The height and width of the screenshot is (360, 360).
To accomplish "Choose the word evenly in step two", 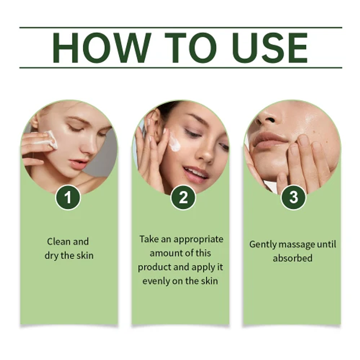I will (x=156, y=281).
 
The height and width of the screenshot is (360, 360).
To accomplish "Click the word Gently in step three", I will (x=264, y=244).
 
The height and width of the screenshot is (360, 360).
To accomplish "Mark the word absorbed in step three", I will (x=293, y=259).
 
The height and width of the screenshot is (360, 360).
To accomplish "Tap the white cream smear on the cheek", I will (x=175, y=142).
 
